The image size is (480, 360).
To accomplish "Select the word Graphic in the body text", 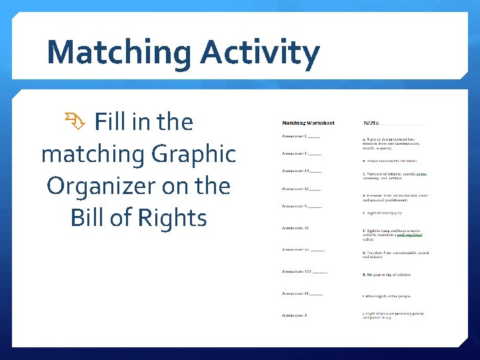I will pyautogui.click(x=193, y=155).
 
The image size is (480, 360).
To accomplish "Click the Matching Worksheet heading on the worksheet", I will pyautogui.click(x=308, y=123).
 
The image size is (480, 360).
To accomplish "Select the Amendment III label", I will pyautogui.click(x=301, y=171).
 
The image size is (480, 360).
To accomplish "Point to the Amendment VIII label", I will pyautogui.click(x=303, y=271).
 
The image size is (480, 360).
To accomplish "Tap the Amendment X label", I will pyautogui.click(x=295, y=315).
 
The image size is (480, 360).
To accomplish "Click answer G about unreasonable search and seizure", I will pyautogui.click(x=395, y=255).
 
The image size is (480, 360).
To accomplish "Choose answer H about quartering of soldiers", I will pyautogui.click(x=387, y=275).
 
